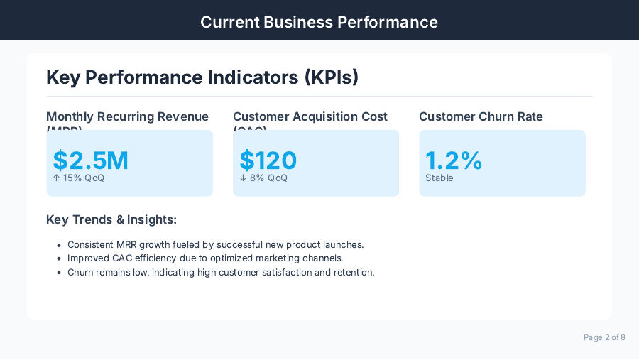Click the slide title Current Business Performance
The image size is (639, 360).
tap(319, 22)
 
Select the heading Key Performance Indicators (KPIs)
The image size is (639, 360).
tap(202, 77)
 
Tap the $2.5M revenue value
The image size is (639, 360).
tap(91, 160)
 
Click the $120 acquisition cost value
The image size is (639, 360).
tap(268, 160)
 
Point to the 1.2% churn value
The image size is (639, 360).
tap(454, 160)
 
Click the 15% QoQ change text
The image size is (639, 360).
tap(84, 178)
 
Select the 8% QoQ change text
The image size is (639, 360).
tap(268, 178)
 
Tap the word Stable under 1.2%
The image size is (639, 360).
tap(439, 178)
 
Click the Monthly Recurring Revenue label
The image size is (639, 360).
tap(127, 117)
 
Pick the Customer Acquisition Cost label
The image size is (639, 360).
tap(310, 117)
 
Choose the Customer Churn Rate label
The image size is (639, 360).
tap(481, 117)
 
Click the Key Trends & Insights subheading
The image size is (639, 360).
tap(111, 220)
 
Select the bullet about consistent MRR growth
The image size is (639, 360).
tap(215, 244)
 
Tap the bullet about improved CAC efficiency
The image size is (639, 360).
tap(205, 258)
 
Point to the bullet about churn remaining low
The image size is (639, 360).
tap(221, 272)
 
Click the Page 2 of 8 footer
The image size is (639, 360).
tap(604, 337)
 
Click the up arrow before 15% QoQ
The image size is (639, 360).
tap(57, 178)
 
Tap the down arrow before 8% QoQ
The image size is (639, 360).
tap(243, 178)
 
